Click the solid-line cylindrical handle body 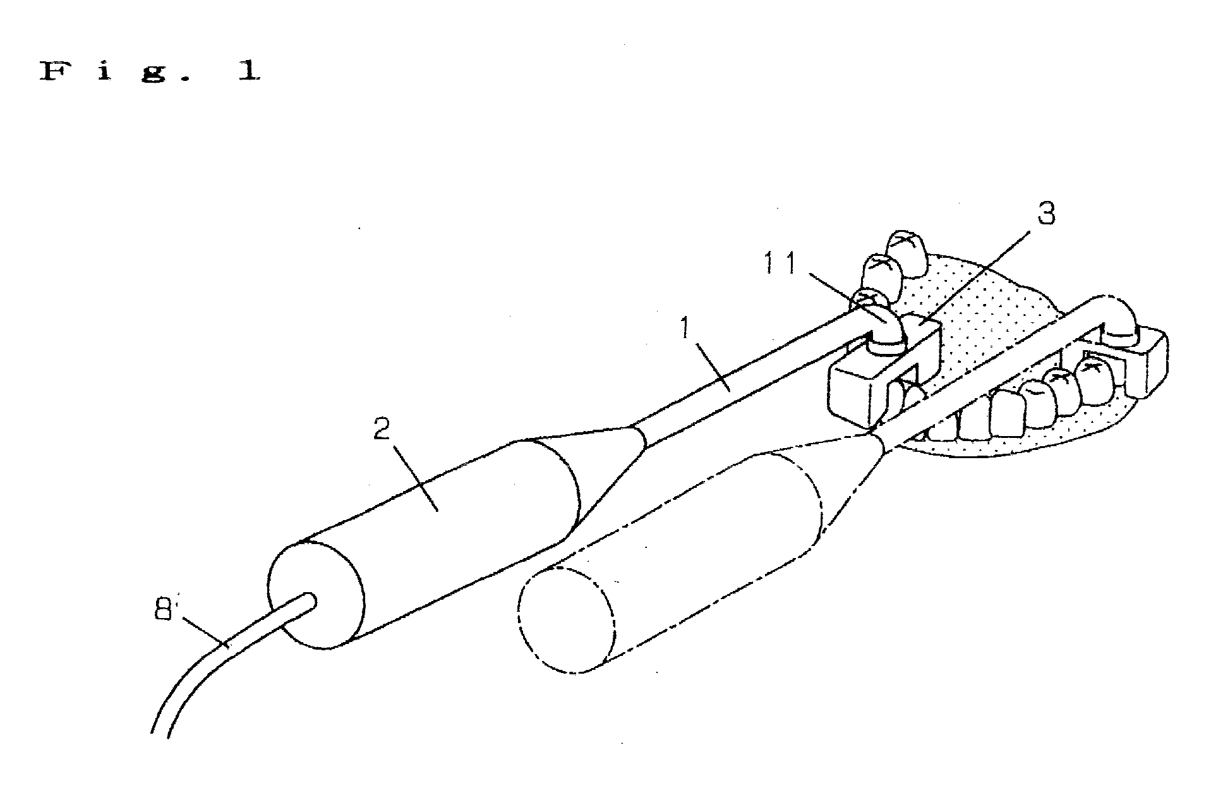tap(436, 537)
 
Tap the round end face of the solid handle tap(316, 594)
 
